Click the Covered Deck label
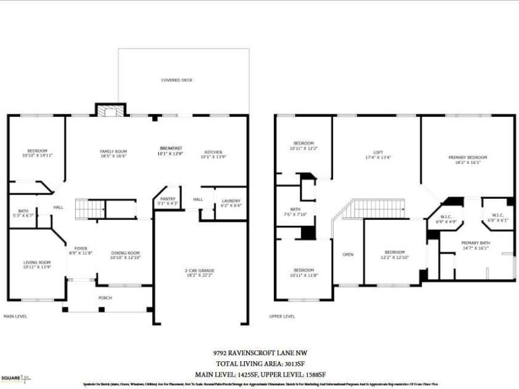pos(177,80)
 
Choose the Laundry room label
pos(231,203)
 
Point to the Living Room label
pos(37,264)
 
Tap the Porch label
pos(105,298)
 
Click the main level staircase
pos(86,209)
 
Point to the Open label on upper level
pos(348,255)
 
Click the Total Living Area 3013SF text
pos(259,363)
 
